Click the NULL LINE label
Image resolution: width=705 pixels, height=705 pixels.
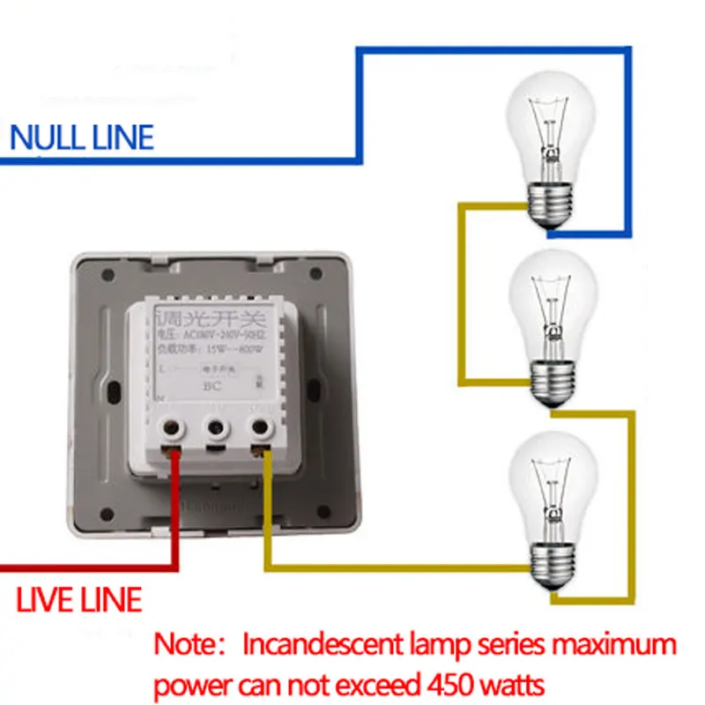pos(81,137)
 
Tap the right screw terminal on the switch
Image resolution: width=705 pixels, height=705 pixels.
pos(260,429)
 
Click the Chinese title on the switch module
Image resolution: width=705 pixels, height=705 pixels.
pos(211,315)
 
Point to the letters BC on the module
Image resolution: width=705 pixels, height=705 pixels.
pos(211,385)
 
